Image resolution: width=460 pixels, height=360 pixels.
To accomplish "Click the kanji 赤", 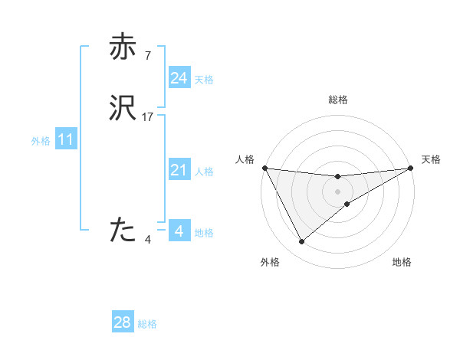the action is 123,47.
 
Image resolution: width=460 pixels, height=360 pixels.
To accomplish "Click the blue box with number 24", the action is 179,77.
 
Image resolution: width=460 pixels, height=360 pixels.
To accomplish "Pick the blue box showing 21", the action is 179,170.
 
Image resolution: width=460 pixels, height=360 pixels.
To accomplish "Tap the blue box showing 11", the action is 65,140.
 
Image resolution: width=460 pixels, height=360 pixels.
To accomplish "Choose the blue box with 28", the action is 123,322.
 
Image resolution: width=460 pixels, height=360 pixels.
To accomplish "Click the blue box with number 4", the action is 179,231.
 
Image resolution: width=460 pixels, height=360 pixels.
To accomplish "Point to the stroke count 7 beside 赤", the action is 147,55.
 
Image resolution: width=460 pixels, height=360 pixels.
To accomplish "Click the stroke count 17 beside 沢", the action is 148,116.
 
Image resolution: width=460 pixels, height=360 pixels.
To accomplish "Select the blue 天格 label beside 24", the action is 203,80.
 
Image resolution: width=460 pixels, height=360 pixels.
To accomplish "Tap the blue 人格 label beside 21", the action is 203,172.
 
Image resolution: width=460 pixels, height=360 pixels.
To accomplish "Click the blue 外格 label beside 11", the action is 41,142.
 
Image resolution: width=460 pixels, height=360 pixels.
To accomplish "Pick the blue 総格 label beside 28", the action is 147,325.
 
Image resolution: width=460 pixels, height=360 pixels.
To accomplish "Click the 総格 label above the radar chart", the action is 337,100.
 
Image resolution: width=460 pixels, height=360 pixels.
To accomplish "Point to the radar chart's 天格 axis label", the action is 431,159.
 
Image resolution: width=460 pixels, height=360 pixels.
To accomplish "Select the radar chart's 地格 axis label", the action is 402,262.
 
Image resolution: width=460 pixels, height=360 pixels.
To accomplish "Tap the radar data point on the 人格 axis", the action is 264,168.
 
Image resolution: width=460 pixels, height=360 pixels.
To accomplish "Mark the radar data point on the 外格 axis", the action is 301,242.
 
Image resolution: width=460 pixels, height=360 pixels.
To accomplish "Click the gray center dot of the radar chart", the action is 337,191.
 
